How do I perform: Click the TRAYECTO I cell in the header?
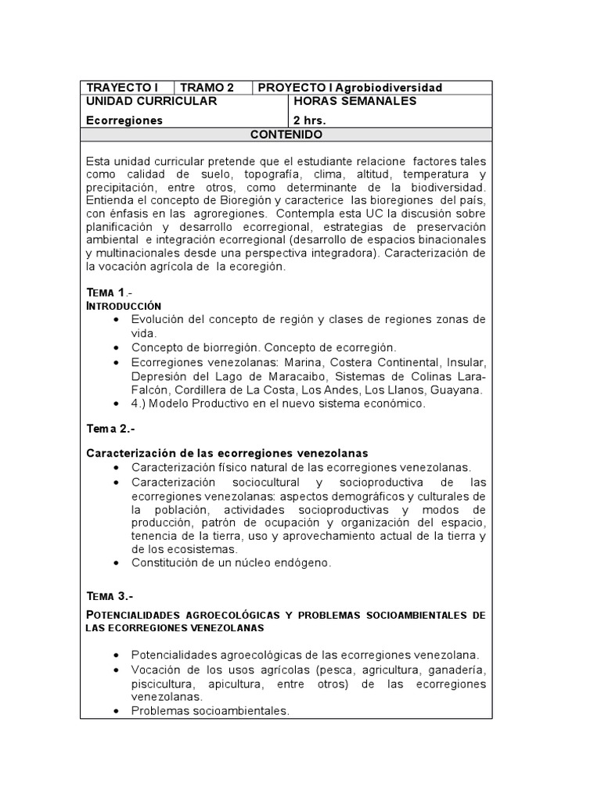(122, 88)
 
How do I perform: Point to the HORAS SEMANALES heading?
(354, 102)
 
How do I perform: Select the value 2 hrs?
(309, 120)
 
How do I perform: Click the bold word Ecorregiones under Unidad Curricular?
(124, 120)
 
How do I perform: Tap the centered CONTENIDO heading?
(286, 135)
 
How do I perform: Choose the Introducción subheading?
(123, 305)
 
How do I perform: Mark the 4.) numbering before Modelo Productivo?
(141, 404)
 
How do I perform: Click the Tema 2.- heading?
(111, 429)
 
